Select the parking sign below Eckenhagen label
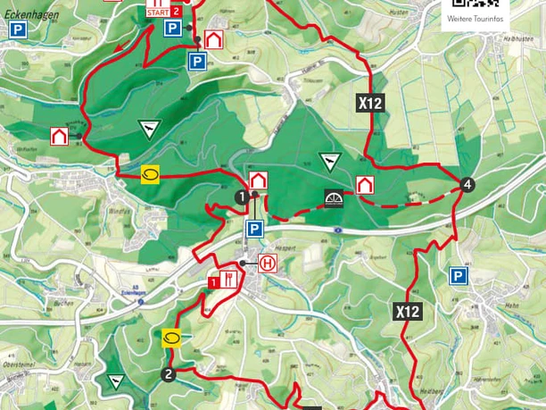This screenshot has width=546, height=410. click(17, 29)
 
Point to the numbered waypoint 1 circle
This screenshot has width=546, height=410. click(241, 196)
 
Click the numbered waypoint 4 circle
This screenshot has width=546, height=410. click(467, 185)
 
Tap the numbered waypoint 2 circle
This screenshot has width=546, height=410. click(168, 373)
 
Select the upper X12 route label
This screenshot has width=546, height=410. click(370, 103)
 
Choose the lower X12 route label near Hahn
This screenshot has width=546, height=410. click(407, 312)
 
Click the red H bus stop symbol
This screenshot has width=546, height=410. click(267, 264)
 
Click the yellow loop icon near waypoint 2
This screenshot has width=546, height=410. click(172, 337)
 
